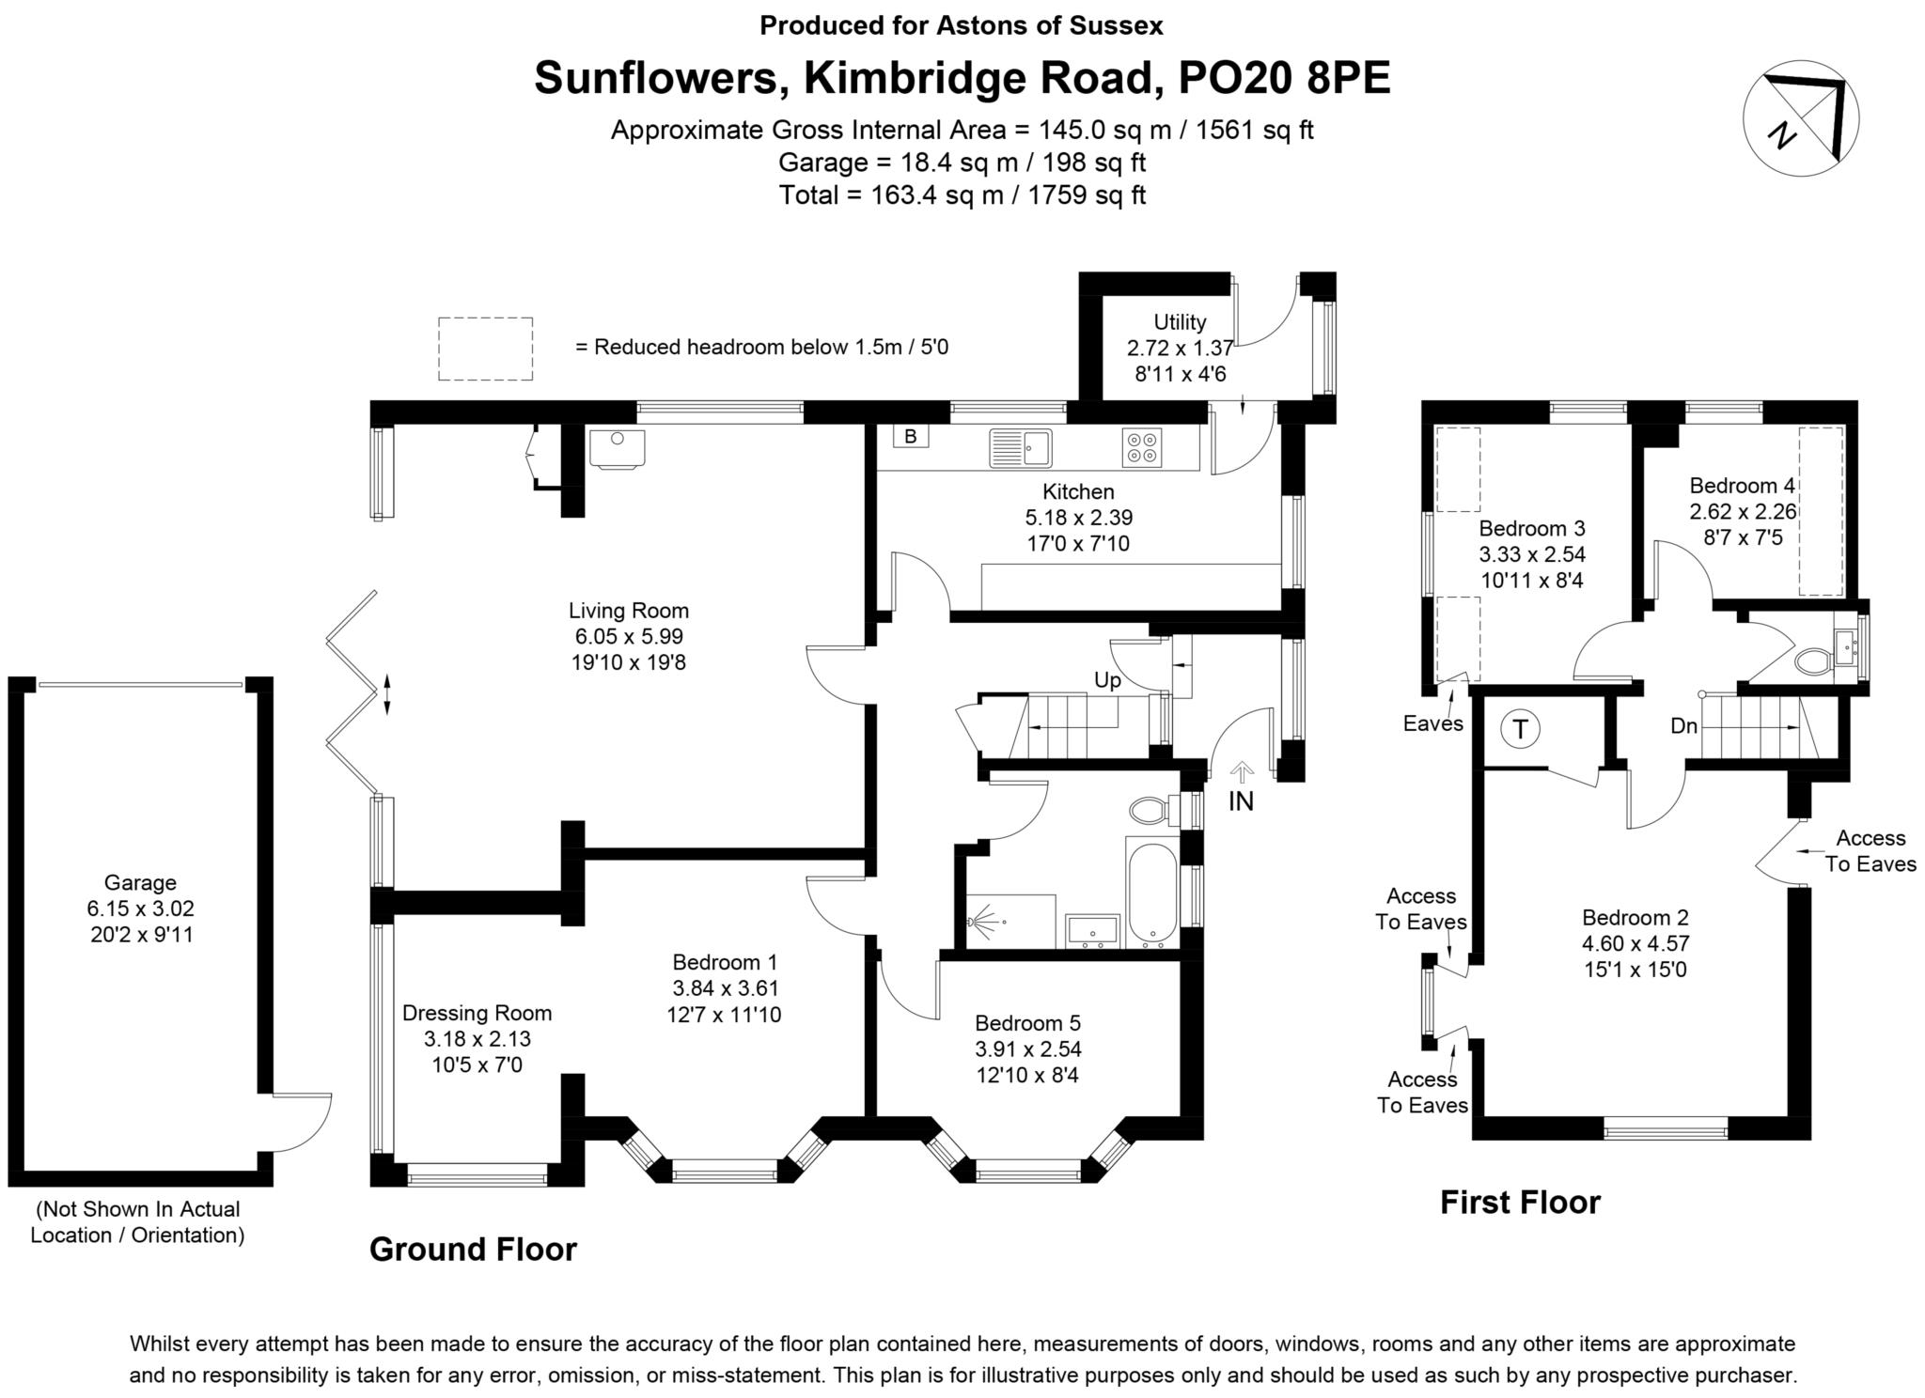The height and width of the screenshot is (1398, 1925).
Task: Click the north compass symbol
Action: click(1800, 117)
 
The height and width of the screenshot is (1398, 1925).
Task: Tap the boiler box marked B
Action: click(910, 436)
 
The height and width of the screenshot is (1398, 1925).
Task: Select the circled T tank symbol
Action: click(1521, 729)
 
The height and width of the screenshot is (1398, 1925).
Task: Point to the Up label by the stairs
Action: click(1107, 680)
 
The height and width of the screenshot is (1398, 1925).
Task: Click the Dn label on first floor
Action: click(1683, 726)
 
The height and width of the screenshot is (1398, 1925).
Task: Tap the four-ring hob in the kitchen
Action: click(1141, 447)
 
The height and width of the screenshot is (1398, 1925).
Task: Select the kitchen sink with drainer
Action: click(1020, 447)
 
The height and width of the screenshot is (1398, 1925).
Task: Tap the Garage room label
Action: click(140, 882)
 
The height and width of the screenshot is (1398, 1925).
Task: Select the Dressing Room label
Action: click(477, 1014)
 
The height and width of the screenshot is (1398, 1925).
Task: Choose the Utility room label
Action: click(1180, 322)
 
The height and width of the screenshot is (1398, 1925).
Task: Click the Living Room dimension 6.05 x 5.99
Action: click(629, 636)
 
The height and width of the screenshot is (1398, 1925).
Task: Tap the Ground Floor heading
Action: click(473, 1250)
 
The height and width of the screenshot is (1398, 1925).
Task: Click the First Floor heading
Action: click(1520, 1203)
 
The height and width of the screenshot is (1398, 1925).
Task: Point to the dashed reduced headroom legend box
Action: click(485, 349)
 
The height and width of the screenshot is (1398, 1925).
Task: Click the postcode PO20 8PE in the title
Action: click(1284, 78)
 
